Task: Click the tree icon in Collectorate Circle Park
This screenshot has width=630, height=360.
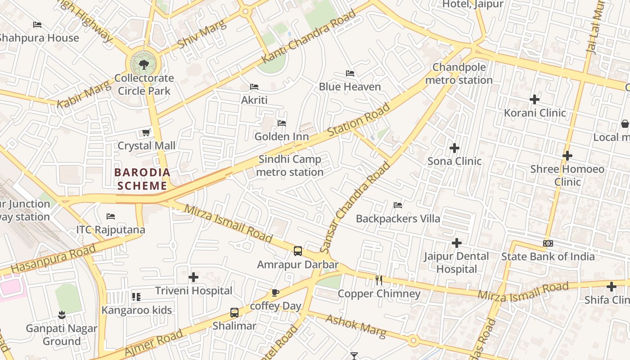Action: [x=144, y=65]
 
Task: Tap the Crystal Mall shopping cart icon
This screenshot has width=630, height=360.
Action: [x=146, y=132]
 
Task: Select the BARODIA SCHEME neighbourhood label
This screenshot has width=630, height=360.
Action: [x=142, y=179]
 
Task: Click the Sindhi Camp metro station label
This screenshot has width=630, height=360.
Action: [x=290, y=166]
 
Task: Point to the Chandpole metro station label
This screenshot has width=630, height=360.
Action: [x=459, y=74]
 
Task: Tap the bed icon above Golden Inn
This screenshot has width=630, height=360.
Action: [x=282, y=123]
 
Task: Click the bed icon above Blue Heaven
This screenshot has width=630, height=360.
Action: [x=350, y=73]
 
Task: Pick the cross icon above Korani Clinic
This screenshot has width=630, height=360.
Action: [x=535, y=99]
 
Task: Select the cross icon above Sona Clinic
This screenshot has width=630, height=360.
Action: [x=454, y=148]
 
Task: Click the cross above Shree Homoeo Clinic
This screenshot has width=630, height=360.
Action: [x=567, y=156]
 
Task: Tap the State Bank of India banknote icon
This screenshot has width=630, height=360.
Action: [x=548, y=243]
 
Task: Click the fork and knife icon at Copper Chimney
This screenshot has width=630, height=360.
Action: [x=379, y=280]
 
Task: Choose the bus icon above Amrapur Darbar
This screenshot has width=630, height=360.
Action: [x=297, y=251]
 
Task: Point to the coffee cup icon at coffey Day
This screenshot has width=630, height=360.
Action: [x=275, y=293]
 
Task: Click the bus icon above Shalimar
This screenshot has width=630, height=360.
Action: [x=234, y=312]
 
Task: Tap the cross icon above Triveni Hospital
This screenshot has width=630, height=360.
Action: [x=193, y=277]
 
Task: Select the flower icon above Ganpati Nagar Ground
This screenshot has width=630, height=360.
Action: [x=62, y=315]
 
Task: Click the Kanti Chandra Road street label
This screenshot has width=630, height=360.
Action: [x=308, y=37]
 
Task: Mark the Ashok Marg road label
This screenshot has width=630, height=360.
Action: [x=355, y=326]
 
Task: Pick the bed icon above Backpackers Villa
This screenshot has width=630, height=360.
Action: [x=398, y=205]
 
